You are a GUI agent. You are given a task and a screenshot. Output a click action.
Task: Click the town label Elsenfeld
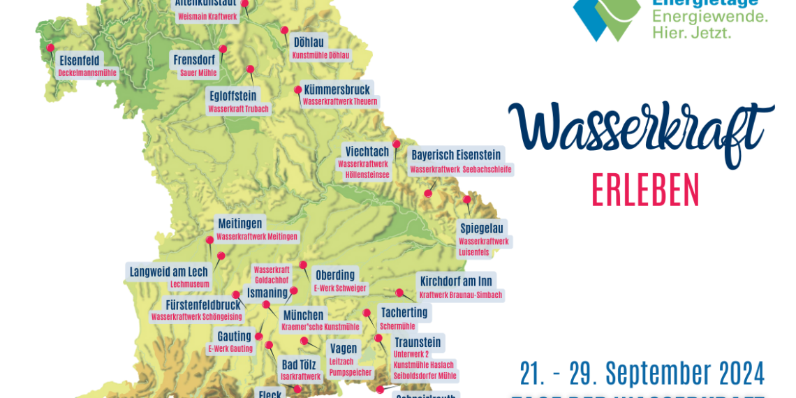[80, 59]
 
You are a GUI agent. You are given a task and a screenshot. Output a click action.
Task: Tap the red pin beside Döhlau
[285, 30]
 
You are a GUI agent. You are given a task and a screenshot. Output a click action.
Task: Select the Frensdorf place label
[194, 60]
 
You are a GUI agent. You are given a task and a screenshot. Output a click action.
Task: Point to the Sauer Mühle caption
[198, 72]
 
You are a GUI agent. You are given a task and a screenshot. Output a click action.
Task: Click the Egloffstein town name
[233, 96]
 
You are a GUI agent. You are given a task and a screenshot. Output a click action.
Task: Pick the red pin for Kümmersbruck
[298, 89]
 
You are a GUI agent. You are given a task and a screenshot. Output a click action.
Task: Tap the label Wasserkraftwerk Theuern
[340, 102]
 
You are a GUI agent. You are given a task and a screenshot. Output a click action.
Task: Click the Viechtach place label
[367, 152]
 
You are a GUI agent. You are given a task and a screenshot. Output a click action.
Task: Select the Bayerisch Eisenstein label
[456, 155]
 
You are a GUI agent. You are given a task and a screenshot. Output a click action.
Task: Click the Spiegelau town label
[482, 228]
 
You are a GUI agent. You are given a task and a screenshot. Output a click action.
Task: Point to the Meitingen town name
[240, 223]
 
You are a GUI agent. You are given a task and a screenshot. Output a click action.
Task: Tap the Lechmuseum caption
[190, 284]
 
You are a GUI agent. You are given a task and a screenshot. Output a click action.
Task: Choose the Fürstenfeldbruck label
[203, 304]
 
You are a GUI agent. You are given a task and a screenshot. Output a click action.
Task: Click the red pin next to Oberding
[303, 265]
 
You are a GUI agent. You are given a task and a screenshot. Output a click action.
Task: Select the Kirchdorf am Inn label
[456, 281]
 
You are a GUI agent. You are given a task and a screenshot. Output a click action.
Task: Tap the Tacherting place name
[404, 313]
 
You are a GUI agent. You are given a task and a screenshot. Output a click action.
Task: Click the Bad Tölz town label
[299, 364]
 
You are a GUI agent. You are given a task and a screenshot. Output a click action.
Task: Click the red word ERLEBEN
[645, 189]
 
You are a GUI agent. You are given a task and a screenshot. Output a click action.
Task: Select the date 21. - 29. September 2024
[642, 374]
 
